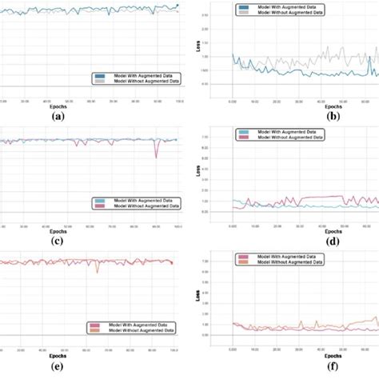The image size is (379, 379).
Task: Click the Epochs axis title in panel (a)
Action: click(58, 106)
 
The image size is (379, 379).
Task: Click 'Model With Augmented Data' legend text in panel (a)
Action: click(139, 75)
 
